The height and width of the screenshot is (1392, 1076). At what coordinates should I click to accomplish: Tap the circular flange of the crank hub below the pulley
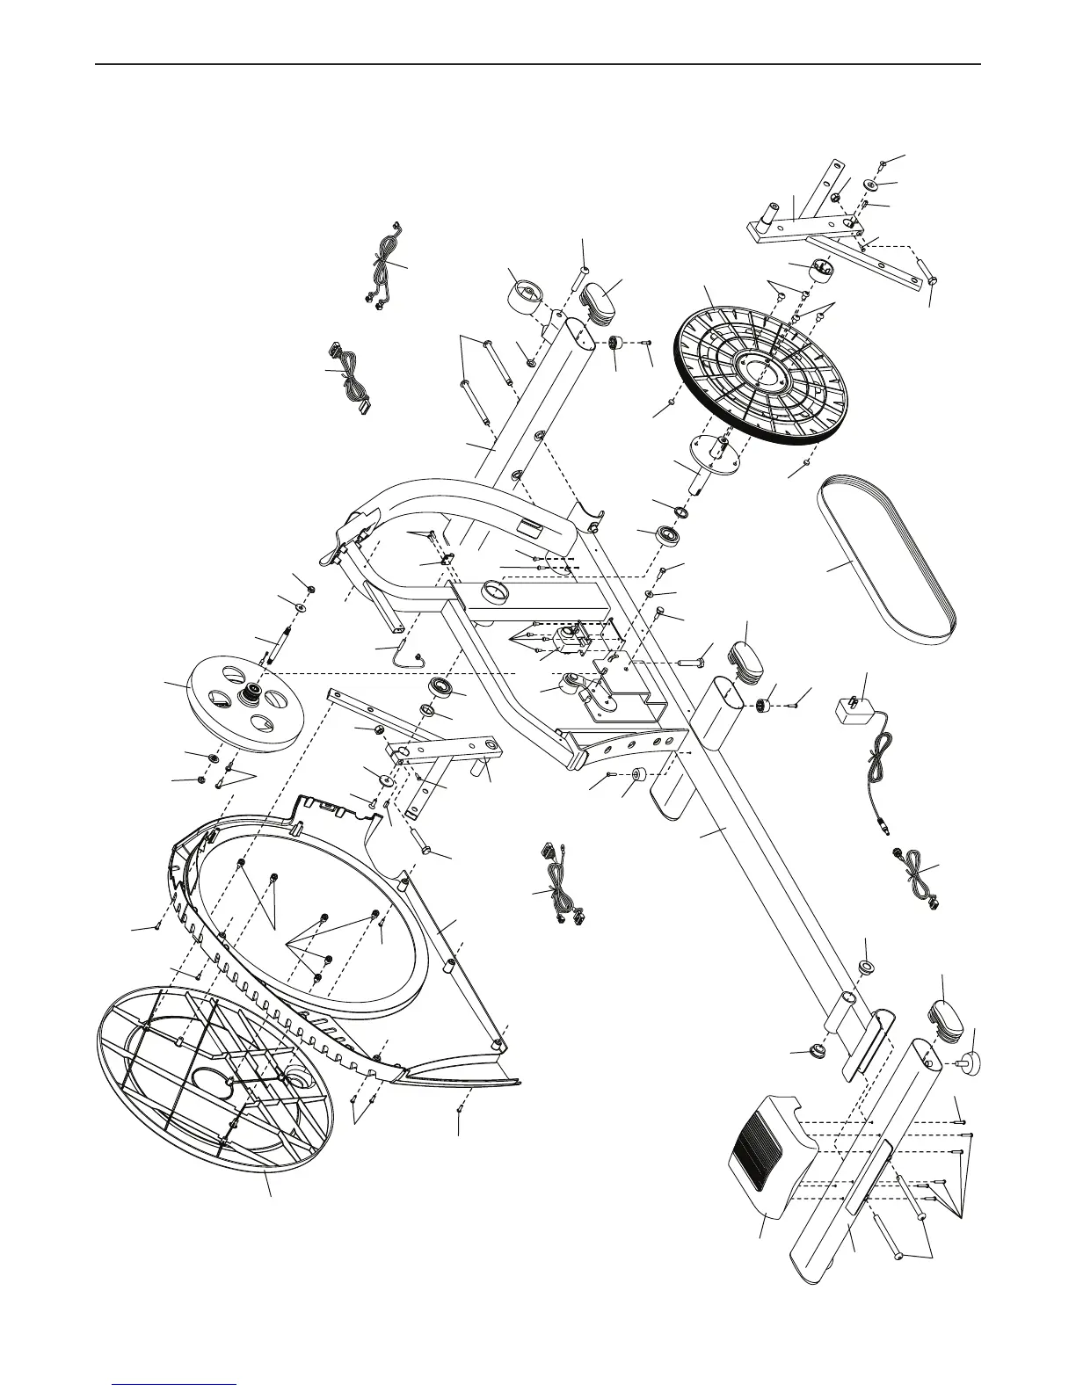719,455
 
